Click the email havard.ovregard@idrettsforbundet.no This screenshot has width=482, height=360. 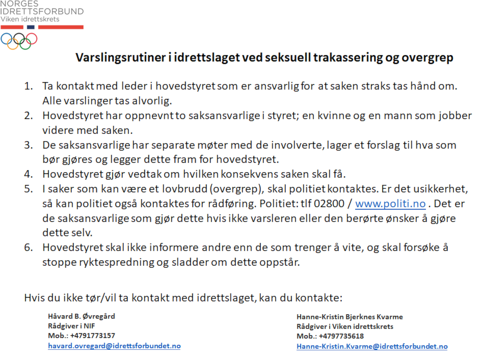click(114, 346)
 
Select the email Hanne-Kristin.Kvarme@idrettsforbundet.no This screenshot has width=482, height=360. click(372, 346)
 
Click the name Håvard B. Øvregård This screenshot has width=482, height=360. click(82, 316)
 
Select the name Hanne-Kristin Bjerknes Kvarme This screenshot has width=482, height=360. click(350, 317)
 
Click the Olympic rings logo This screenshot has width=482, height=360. click(19, 41)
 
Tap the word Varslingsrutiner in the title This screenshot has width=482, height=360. click(121, 58)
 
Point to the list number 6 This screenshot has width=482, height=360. click(29, 248)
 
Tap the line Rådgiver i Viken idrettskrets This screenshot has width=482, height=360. click(345, 326)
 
